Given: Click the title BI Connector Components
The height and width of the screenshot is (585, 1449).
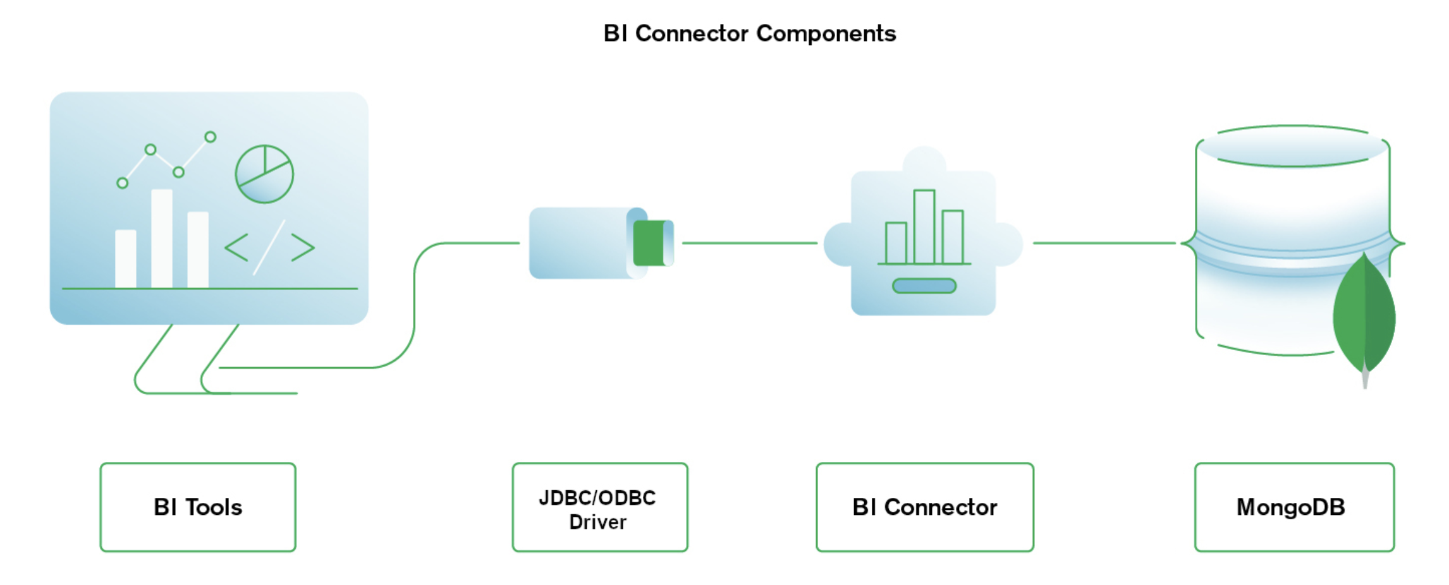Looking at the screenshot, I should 749,33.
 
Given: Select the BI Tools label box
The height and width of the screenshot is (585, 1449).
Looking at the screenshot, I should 197,507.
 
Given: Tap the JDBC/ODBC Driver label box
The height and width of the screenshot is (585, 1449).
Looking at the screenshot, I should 599,507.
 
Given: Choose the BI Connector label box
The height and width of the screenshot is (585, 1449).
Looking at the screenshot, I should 924,507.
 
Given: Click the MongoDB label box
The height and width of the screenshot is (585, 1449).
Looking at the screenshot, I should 1293,507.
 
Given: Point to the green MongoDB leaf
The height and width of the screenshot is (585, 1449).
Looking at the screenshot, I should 1364,316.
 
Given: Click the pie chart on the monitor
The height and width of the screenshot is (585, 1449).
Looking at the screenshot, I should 264,174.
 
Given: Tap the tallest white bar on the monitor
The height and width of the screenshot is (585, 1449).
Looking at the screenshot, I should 162,239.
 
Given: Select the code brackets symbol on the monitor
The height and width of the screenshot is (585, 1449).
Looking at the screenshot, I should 269,247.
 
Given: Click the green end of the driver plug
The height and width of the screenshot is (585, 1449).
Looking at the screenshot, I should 649,243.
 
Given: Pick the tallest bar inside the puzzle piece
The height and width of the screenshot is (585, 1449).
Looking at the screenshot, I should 924,226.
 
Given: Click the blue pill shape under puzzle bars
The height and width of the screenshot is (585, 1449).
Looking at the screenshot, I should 924,286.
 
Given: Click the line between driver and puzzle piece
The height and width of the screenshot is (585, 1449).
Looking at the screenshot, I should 750,243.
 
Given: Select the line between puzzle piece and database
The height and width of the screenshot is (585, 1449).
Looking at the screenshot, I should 1104,243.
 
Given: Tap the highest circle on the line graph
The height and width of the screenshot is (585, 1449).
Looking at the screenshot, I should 211,137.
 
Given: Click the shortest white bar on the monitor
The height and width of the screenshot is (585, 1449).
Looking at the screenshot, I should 126,259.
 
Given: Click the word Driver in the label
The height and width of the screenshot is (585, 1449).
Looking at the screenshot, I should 597,522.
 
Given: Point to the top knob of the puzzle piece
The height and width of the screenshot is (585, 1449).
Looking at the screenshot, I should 924,159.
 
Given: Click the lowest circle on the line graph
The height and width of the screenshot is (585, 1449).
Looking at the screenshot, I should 123,183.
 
